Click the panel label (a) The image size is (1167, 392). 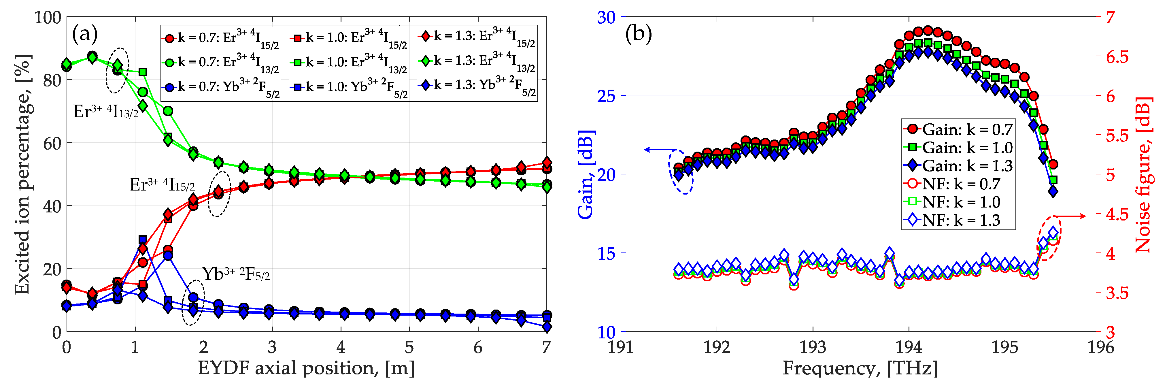pos(85,34)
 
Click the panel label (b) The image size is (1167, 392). pos(639,34)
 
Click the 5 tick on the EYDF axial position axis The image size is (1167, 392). pos(409,348)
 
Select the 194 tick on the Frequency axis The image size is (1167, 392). pos(909,348)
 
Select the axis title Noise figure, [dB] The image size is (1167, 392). pos(1143,174)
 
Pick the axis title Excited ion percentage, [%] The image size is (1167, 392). pos(23,174)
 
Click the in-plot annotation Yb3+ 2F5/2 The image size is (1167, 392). pos(236,274)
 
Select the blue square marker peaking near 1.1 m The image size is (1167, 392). pos(143,240)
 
